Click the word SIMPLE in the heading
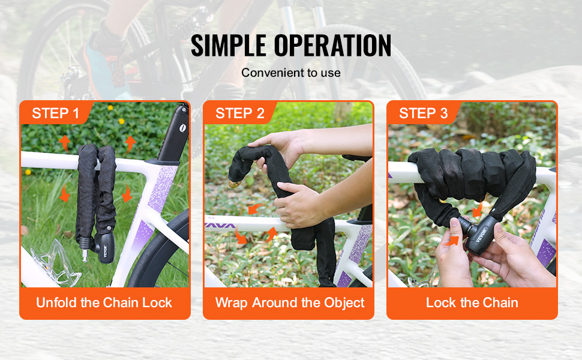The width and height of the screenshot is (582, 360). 229,46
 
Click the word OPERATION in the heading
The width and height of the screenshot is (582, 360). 332,46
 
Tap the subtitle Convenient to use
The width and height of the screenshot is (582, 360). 291,73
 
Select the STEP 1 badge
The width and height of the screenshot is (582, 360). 56,113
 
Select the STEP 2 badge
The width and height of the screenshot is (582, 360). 240,113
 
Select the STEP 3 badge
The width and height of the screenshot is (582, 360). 424,113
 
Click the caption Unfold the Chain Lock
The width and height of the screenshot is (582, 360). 104,302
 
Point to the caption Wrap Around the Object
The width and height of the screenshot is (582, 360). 290,303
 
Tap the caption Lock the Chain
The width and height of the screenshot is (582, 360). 472,302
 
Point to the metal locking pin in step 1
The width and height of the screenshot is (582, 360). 85,256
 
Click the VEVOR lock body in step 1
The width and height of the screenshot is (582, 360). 104,248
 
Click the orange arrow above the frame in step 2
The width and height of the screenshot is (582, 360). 254,208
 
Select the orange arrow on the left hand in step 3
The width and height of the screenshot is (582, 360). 451,241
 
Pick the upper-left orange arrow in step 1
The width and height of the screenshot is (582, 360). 65,143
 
